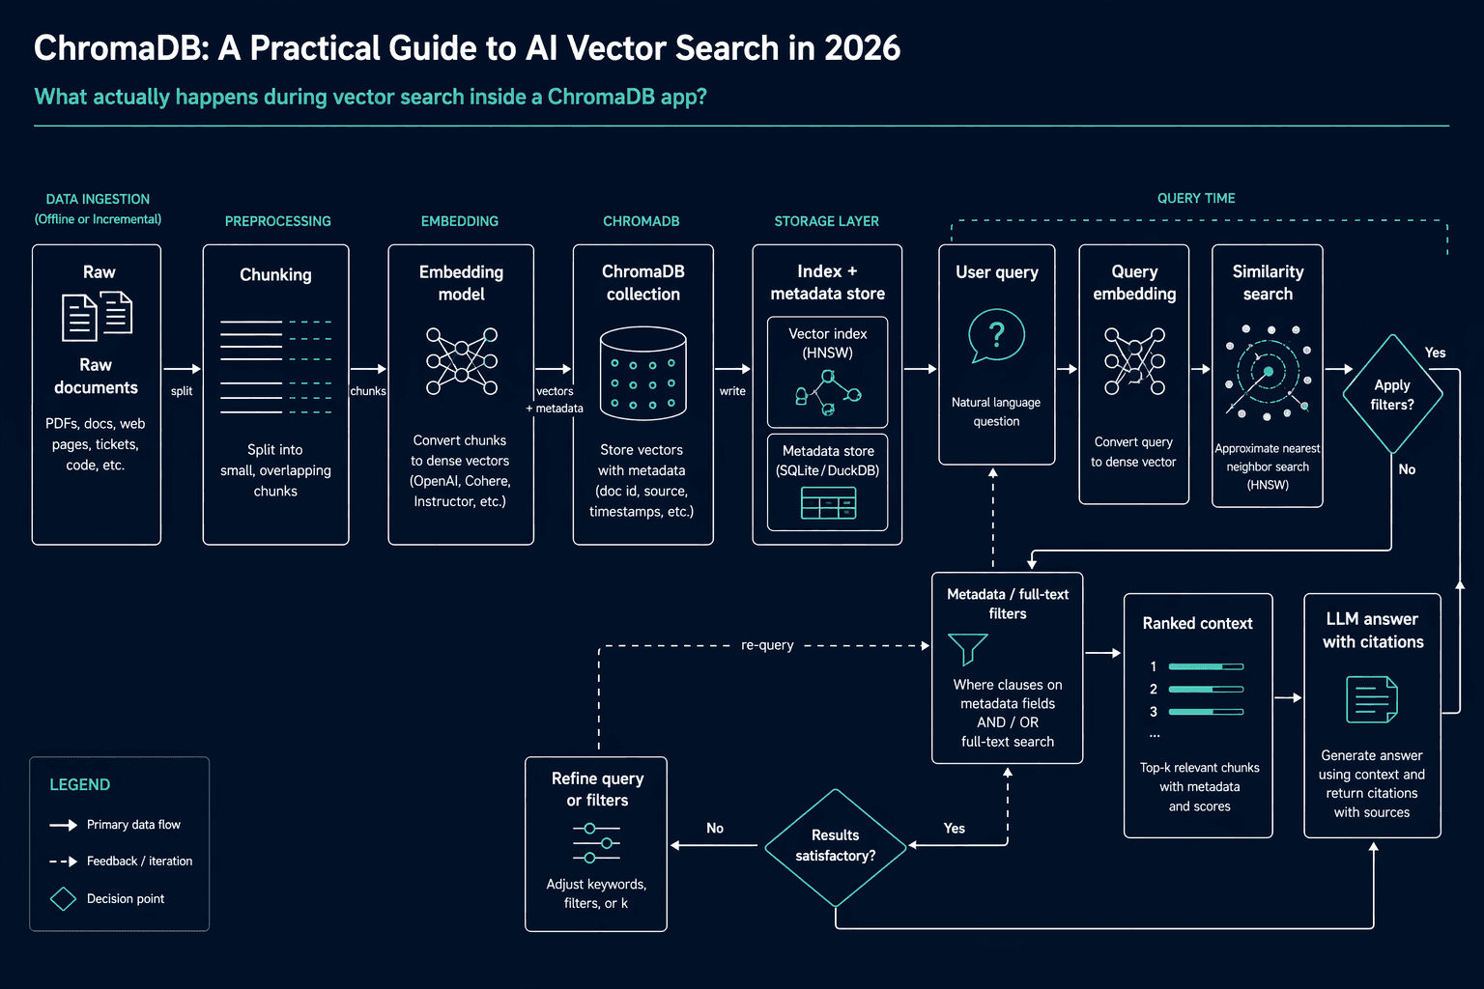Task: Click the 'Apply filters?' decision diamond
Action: (1392, 394)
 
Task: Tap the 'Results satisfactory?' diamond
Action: (836, 847)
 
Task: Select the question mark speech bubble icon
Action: (996, 335)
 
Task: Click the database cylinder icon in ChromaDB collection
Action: (642, 373)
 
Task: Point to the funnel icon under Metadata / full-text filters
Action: (967, 648)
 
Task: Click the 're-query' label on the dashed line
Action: (767, 645)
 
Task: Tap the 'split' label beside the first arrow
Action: (182, 391)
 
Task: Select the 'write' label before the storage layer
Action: (732, 391)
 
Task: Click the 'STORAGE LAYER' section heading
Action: (826, 221)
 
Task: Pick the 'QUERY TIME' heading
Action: (1196, 198)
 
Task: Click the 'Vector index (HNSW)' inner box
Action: (827, 372)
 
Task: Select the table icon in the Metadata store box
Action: (828, 503)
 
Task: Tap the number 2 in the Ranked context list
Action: (1154, 689)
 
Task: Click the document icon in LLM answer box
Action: (1371, 699)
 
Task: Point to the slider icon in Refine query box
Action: (596, 843)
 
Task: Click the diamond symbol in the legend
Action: (63, 899)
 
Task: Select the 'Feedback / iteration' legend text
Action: (140, 862)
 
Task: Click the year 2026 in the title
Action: (862, 48)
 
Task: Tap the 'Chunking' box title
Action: (275, 275)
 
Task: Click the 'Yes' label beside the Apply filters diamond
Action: (1435, 353)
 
